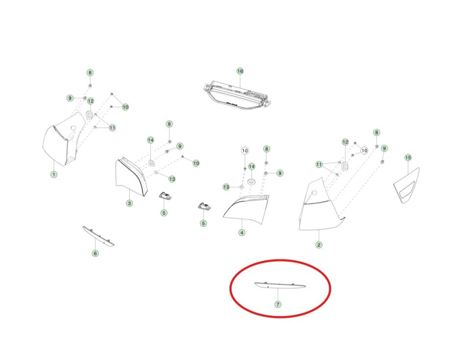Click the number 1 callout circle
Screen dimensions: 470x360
coord(54,174)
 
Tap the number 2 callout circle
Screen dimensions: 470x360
coord(319,245)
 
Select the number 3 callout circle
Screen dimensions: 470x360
coord(129,203)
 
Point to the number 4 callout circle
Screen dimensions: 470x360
coord(242,233)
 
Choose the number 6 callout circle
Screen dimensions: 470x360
coord(95,253)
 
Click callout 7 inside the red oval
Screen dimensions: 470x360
coord(278,305)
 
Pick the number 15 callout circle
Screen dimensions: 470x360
coord(408,158)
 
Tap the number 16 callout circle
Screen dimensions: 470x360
coord(240,71)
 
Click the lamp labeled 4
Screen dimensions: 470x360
coord(247,209)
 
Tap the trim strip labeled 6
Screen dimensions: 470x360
coord(98,237)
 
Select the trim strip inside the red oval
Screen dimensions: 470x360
coord(280,285)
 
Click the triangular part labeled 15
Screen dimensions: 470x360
coord(407,186)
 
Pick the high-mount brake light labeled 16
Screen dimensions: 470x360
coord(237,95)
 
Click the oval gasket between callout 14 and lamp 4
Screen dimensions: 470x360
coord(252,182)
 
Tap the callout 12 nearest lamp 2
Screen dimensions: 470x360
coord(345,142)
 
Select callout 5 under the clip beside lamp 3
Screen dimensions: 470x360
coord(164,213)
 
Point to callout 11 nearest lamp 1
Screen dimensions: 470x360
coord(112,127)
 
